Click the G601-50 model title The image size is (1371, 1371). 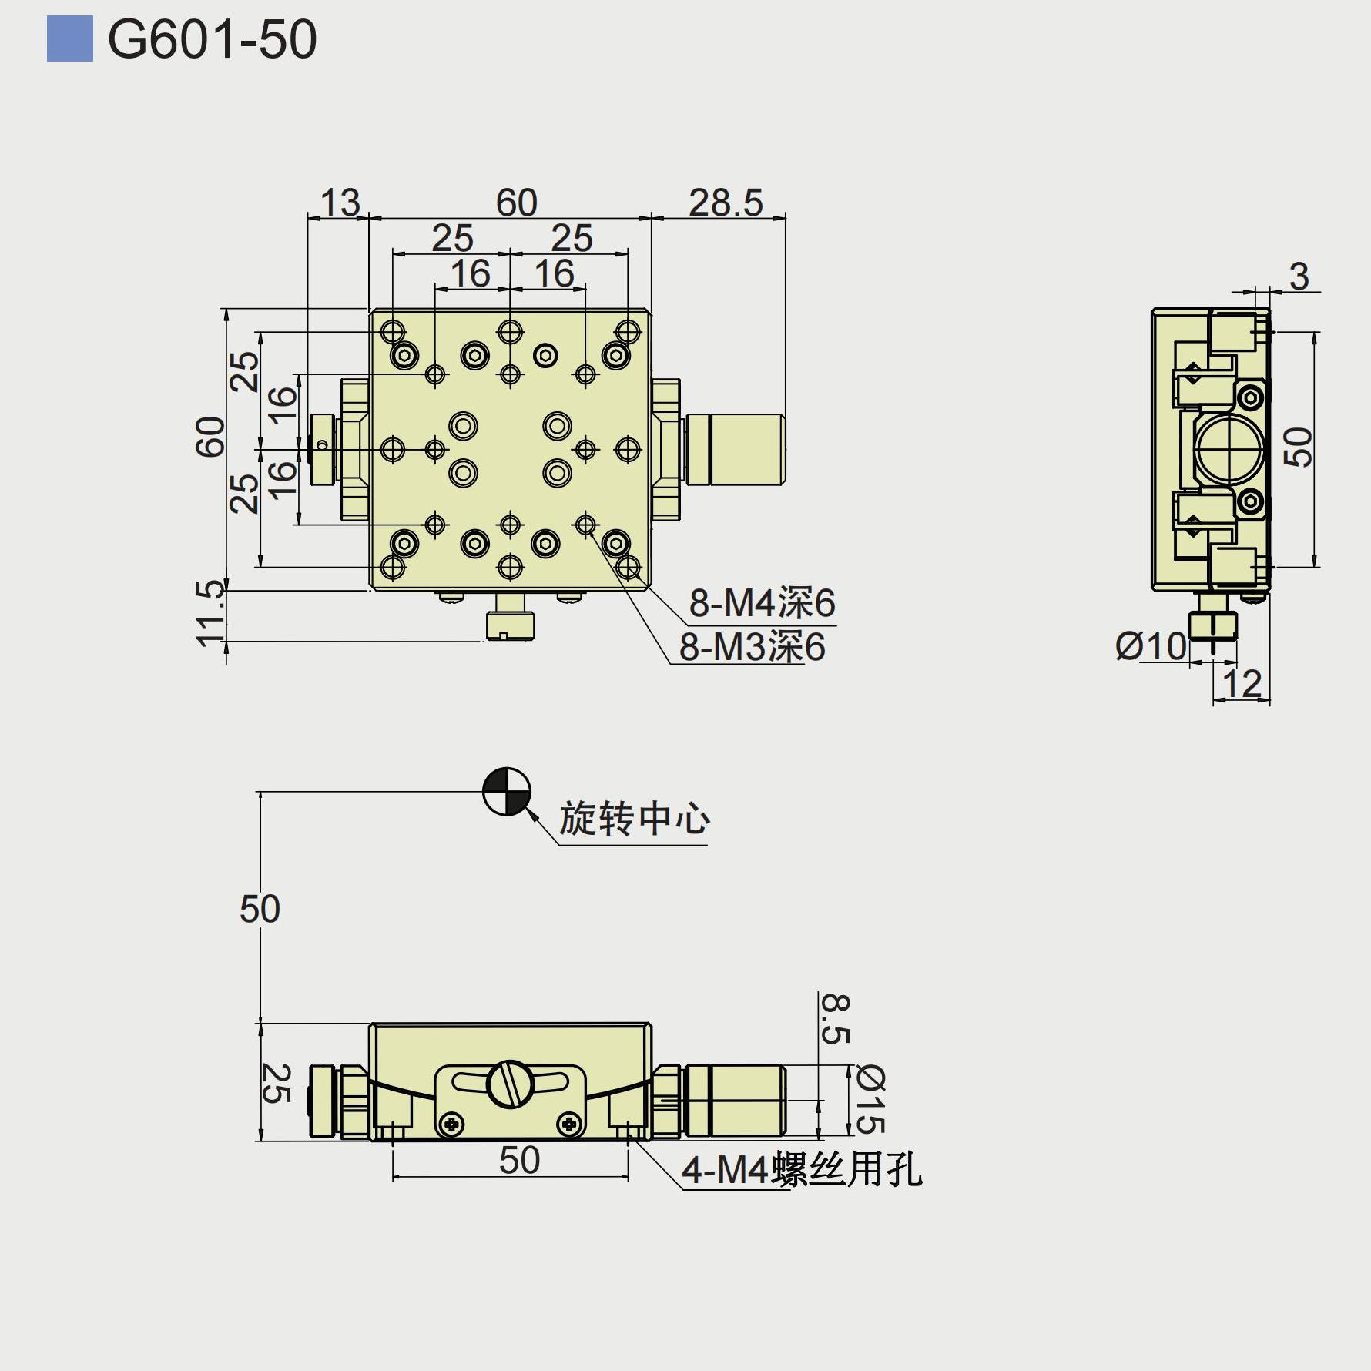pyautogui.click(x=212, y=39)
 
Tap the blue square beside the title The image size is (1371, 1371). pyautogui.click(x=69, y=39)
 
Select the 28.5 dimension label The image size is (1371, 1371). pyautogui.click(x=725, y=203)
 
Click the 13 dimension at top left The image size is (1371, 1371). pyautogui.click(x=340, y=203)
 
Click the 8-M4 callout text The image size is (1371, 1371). pyautogui.click(x=762, y=602)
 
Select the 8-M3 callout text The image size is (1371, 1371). pyautogui.click(x=752, y=647)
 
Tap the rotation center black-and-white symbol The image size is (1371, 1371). pyautogui.click(x=507, y=791)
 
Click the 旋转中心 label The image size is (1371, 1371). pyautogui.click(x=634, y=818)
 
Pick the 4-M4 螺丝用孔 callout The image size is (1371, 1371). pyautogui.click(x=801, y=1170)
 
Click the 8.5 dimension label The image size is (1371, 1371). pyautogui.click(x=835, y=1018)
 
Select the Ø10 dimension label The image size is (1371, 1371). pyautogui.click(x=1151, y=645)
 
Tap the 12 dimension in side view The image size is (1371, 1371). pyautogui.click(x=1242, y=683)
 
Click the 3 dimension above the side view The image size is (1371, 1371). pyautogui.click(x=1299, y=277)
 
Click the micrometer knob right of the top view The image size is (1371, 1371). pyautogui.click(x=735, y=449)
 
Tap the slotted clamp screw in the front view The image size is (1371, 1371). pyautogui.click(x=510, y=1084)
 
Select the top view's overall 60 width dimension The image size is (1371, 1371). pyautogui.click(x=516, y=203)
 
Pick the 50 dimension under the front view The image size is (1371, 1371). pyautogui.click(x=519, y=1160)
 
